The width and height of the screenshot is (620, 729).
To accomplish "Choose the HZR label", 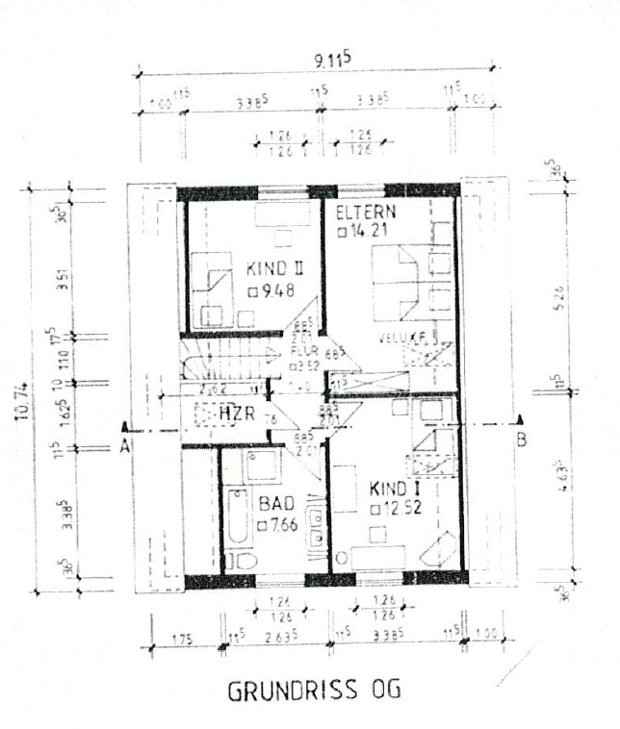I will tap(235, 413).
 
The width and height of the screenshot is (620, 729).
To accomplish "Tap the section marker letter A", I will tap(124, 444).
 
